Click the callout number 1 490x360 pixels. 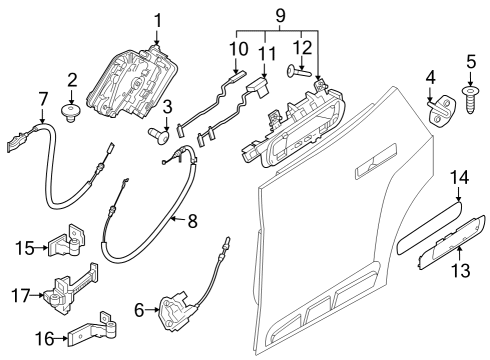click(157, 19)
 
